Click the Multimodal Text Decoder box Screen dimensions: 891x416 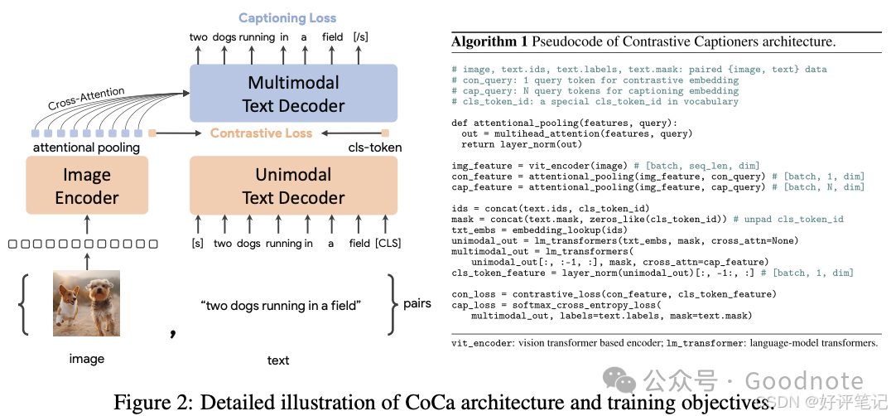pos(293,94)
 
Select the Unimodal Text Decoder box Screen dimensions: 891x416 pos(293,186)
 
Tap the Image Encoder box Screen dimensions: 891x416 pos(86,186)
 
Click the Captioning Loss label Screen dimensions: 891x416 pos(288,17)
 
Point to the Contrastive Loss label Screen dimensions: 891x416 pos(261,133)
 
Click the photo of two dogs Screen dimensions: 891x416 pos(86,302)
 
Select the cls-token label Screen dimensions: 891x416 pos(375,148)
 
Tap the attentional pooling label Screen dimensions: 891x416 pos(86,148)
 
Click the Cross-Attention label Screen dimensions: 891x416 pos(86,99)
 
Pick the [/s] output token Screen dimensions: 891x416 pos(362,36)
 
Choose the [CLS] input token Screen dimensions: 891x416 pos(387,243)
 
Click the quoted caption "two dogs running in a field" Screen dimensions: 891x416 pos(281,306)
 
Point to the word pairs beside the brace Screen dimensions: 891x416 pos(416,303)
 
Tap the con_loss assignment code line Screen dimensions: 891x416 pos(614,294)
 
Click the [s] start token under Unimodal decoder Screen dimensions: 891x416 pos(197,243)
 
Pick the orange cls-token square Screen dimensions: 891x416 pos(385,133)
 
